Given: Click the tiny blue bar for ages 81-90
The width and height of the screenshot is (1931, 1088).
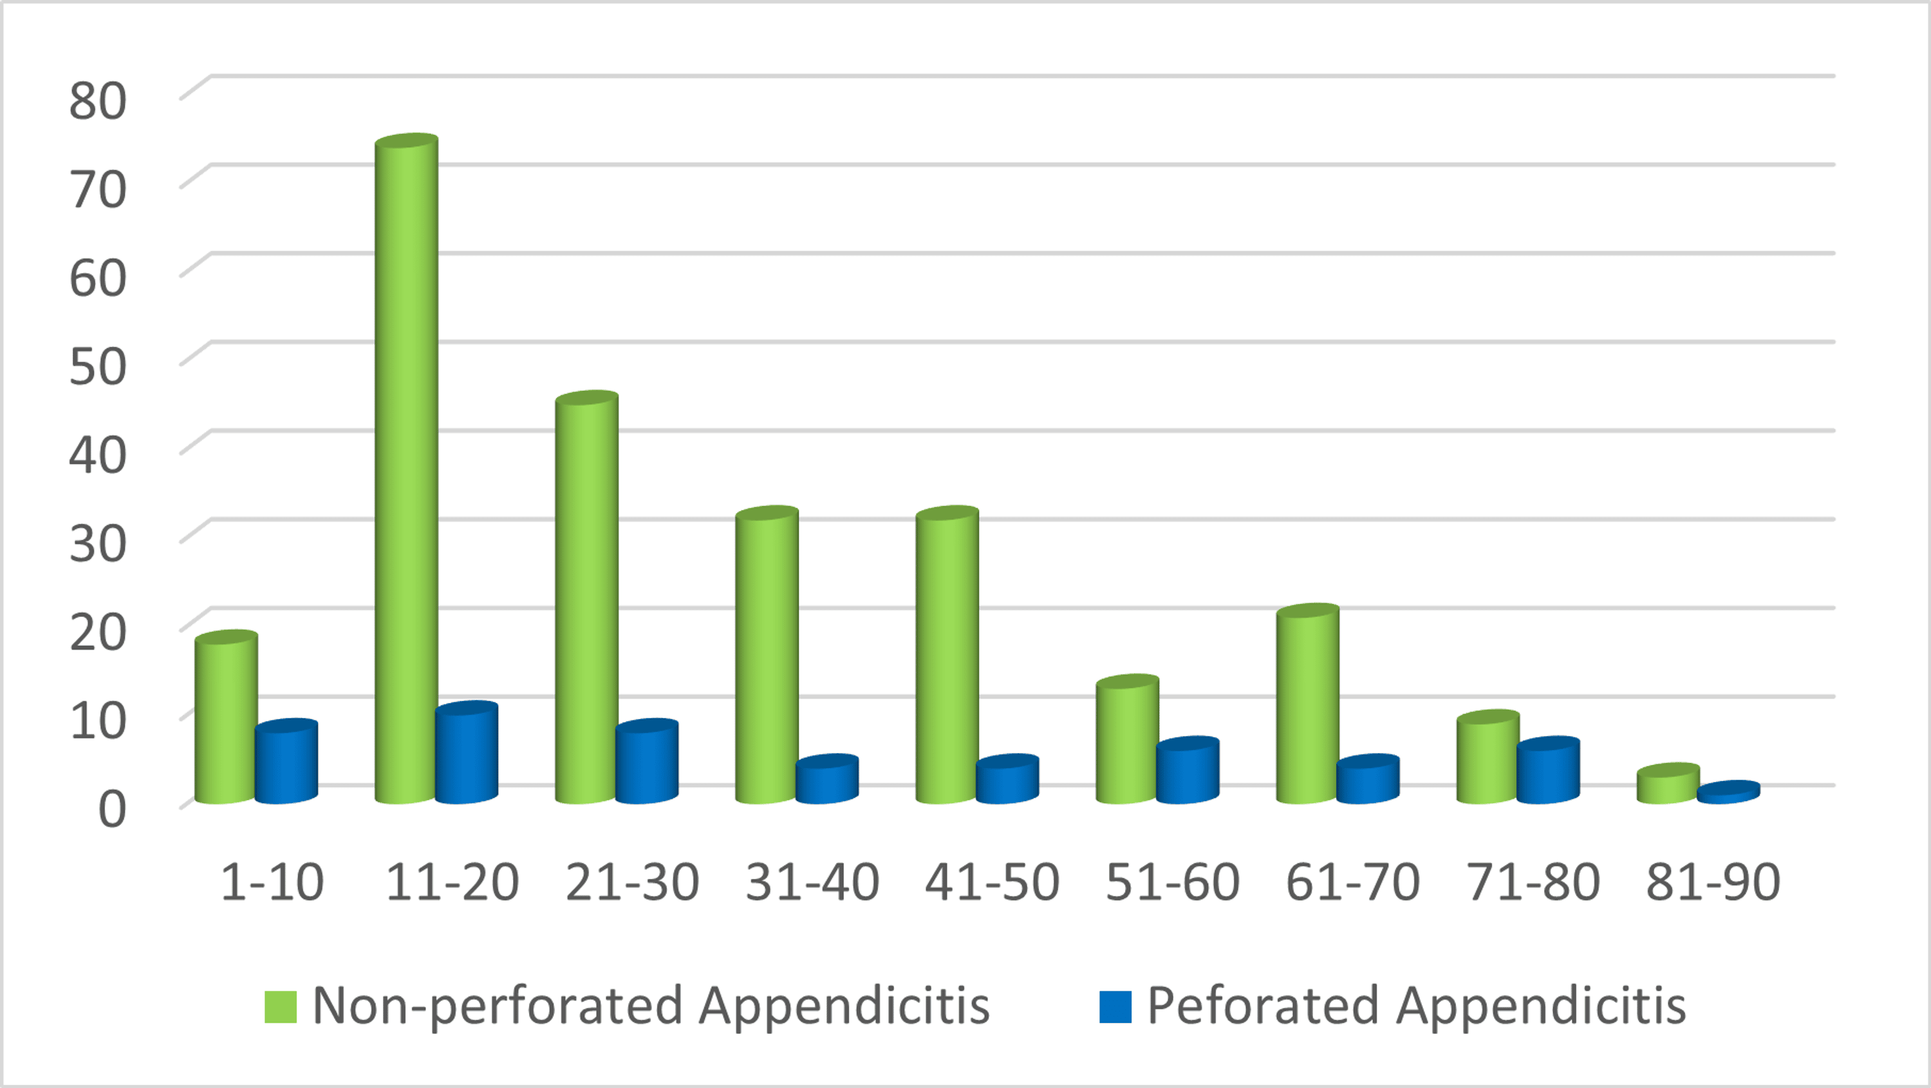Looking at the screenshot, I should coord(1728,793).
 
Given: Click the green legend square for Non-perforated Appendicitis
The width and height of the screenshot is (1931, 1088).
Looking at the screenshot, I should coord(281,1006).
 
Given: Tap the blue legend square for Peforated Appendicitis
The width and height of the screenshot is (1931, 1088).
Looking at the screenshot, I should coord(1115,1006).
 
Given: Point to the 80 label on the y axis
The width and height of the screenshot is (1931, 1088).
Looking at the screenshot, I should coord(97,100).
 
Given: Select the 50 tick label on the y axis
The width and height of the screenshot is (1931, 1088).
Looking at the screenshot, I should coord(97,367).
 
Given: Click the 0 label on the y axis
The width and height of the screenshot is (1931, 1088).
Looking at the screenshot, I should coord(113,810).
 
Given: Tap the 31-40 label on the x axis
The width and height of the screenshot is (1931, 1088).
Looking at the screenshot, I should coord(812,882).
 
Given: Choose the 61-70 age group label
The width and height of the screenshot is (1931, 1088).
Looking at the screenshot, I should coord(1352,882).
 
